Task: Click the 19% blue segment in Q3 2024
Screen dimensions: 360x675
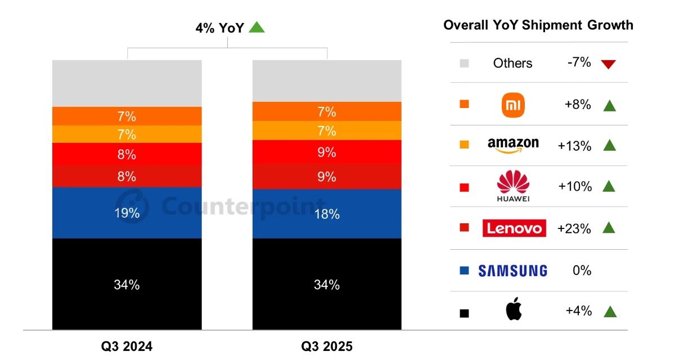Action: pos(127,213)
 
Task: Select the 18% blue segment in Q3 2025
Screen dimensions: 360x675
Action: pos(327,214)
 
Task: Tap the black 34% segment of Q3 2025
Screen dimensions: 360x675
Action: pos(327,285)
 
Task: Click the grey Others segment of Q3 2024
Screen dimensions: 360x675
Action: pos(127,83)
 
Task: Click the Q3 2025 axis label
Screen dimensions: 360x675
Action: pos(327,346)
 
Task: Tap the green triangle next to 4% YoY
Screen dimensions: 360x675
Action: pos(256,27)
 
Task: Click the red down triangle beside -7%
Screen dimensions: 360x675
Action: pos(608,64)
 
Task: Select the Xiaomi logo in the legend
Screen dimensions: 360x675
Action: pos(512,105)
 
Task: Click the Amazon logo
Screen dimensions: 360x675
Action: pos(512,145)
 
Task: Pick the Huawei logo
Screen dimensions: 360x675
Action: pos(514,186)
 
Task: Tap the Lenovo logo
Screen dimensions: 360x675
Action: pos(514,228)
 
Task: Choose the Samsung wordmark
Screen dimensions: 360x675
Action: pos(512,271)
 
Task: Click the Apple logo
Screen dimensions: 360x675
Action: pos(514,310)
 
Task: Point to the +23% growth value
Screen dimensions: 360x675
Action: pos(574,228)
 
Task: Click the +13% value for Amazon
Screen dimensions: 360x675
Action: pos(574,146)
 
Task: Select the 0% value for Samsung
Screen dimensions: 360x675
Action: pos(582,271)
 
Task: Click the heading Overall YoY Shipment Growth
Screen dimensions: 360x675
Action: pos(538,25)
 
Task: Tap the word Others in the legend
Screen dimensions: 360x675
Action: pos(512,63)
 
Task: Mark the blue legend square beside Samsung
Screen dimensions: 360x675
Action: pos(464,271)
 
